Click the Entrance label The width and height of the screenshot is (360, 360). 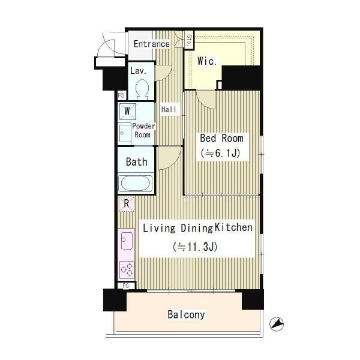(x=152, y=44)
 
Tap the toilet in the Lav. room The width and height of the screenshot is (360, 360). (x=142, y=89)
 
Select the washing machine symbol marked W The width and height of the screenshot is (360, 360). (x=127, y=112)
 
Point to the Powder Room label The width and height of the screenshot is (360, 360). (x=143, y=130)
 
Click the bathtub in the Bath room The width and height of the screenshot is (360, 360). (x=136, y=183)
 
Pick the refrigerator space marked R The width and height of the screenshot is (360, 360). (x=126, y=204)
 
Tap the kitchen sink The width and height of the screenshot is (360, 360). (x=126, y=241)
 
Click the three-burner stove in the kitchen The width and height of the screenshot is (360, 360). (x=127, y=270)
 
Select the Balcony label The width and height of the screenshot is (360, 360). (x=186, y=314)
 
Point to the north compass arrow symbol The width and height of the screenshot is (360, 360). (x=277, y=324)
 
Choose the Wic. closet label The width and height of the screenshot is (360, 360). (x=207, y=61)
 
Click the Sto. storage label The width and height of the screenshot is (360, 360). (x=189, y=40)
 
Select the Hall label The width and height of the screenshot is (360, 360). (x=169, y=110)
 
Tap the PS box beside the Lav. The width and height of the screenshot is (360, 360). (x=121, y=95)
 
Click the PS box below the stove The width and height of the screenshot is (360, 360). (x=125, y=286)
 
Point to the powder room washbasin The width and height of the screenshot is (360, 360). (x=125, y=133)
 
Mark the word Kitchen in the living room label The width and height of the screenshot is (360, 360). (x=233, y=228)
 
